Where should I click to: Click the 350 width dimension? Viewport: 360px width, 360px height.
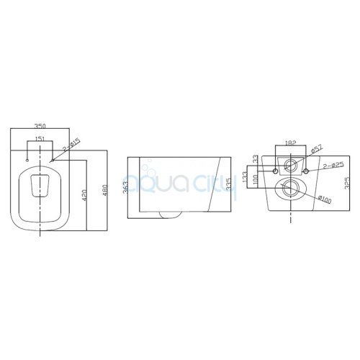40,126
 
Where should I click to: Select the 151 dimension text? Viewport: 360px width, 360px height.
40,138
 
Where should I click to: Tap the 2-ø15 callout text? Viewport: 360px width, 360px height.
72,145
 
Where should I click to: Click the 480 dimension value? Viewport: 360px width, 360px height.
104,189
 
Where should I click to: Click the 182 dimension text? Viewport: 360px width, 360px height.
291,143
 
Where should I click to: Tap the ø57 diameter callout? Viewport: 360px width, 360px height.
317,149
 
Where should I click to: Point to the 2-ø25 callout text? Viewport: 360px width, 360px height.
334,166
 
